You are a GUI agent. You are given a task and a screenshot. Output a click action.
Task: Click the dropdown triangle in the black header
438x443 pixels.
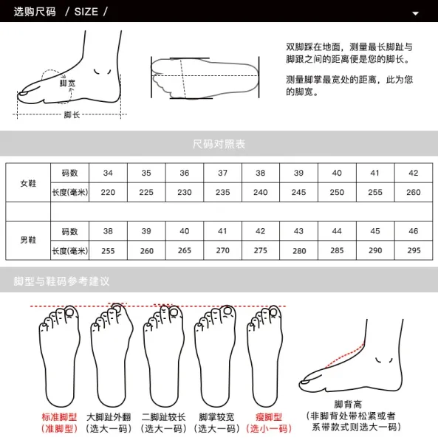tap(415, 13)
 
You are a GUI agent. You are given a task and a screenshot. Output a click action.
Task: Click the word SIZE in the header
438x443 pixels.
tap(86, 12)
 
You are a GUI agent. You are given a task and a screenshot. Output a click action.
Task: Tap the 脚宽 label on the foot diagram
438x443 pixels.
tap(67, 83)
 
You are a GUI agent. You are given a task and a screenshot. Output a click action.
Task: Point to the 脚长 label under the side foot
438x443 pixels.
tap(72, 114)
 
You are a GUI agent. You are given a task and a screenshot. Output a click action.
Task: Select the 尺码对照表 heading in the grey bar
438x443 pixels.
tap(219, 144)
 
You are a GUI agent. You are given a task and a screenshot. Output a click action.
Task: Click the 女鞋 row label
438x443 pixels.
tap(28, 183)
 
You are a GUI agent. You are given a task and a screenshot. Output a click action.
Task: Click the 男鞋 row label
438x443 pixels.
tap(28, 240)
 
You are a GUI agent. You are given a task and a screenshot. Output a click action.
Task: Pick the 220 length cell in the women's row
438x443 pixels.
tap(108, 193)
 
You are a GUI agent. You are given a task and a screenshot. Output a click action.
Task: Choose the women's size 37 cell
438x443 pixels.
tap(222, 173)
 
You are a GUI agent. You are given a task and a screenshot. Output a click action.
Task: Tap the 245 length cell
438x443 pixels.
tap(298, 193)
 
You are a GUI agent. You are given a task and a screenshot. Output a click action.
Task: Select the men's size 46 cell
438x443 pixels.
tap(414, 231)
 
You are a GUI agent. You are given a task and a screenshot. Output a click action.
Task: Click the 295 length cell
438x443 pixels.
tap(414, 250)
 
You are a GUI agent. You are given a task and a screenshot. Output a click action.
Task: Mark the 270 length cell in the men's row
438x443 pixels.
tap(222, 250)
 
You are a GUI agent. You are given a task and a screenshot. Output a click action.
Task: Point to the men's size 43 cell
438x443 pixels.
tap(298, 231)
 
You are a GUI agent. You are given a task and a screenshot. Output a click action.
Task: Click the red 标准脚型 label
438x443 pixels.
tap(59, 417)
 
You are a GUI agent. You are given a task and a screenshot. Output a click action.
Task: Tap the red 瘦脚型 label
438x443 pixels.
tap(269, 417)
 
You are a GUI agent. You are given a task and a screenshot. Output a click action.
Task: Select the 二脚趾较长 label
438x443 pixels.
tap(164, 417)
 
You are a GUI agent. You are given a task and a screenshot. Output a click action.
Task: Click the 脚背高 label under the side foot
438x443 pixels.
tap(348, 405)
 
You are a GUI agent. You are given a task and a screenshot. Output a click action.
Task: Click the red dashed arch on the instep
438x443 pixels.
tap(346, 355)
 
